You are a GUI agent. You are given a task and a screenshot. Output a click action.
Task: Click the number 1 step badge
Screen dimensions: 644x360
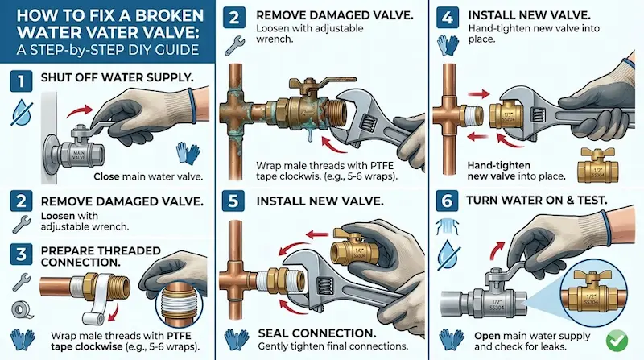(21, 81)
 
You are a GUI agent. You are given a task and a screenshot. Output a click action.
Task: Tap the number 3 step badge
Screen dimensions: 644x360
(21, 254)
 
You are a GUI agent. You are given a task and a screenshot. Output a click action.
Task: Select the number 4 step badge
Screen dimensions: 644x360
(448, 18)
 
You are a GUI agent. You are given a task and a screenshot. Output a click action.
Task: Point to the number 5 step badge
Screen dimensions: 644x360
(233, 201)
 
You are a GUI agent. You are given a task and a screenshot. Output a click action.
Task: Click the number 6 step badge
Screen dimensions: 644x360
(447, 201)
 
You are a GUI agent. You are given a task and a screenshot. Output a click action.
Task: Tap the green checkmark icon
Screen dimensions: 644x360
(617, 341)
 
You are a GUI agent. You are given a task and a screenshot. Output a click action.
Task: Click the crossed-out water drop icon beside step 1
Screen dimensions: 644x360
(22, 112)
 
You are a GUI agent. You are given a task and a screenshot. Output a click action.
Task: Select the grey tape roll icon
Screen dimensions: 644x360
(20, 309)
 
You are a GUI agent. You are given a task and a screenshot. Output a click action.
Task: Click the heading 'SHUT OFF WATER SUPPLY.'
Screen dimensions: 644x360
(117, 77)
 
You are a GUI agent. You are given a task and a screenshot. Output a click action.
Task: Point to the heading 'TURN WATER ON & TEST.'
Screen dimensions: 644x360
(537, 201)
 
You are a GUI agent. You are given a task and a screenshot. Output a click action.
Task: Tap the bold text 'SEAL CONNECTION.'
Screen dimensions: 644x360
(316, 333)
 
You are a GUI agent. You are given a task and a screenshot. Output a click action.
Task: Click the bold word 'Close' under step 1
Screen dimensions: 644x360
(106, 176)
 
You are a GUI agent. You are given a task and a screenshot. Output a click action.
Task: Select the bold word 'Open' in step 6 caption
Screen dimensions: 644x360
(486, 336)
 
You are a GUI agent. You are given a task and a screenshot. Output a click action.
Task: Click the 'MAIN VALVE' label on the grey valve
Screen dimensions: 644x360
(78, 155)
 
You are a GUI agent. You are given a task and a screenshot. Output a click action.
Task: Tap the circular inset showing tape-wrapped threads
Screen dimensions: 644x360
(180, 306)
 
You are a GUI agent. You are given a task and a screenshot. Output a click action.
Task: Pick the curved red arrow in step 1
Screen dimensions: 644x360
(80, 110)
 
